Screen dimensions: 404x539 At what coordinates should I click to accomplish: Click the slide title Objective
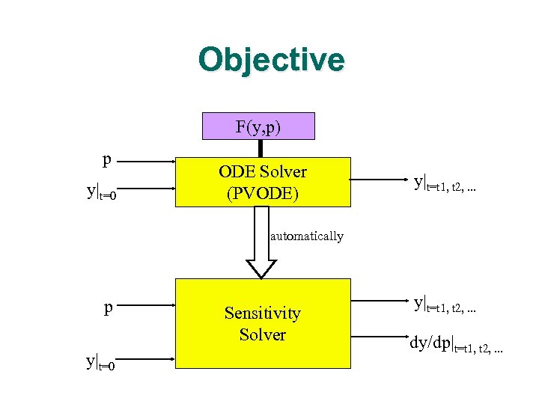(x=271, y=61)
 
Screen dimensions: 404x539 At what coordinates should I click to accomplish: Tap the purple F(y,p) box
(x=258, y=126)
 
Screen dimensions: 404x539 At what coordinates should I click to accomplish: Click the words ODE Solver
(x=262, y=171)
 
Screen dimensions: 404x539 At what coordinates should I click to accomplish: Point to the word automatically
(x=306, y=236)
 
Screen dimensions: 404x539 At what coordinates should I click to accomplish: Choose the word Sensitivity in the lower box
(x=262, y=313)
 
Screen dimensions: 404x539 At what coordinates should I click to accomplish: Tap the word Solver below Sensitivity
(x=262, y=334)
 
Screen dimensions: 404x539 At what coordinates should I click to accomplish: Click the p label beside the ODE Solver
(x=108, y=159)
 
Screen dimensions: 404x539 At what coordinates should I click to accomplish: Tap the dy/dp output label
(x=455, y=345)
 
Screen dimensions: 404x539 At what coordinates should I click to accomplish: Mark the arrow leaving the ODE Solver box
(x=379, y=180)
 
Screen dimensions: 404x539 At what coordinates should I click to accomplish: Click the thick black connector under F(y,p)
(x=260, y=148)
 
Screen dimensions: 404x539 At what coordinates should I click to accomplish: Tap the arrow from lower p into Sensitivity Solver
(x=146, y=305)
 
